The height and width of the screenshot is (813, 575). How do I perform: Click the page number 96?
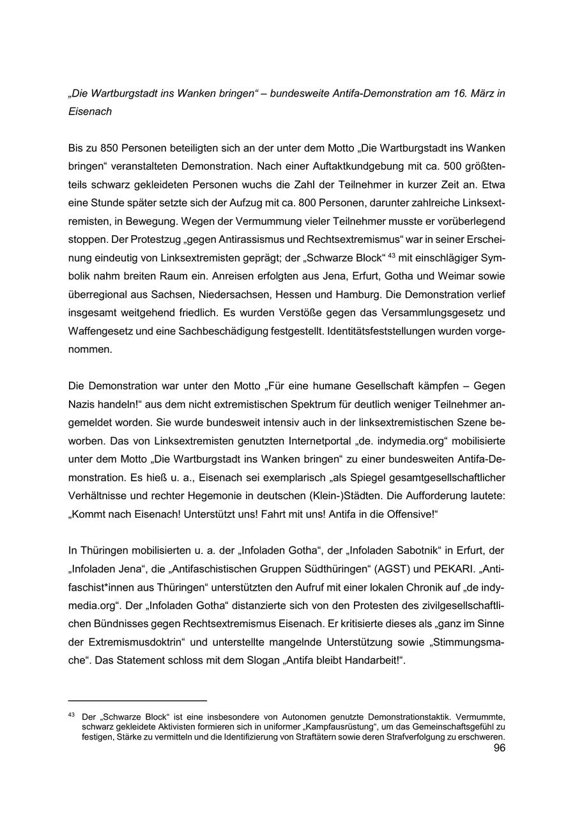click(x=499, y=748)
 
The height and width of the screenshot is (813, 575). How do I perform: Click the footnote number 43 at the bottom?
click(x=72, y=715)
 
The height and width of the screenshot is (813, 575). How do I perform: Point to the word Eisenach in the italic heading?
click(x=90, y=111)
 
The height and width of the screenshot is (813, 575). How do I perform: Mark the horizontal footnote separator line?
click(x=137, y=701)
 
